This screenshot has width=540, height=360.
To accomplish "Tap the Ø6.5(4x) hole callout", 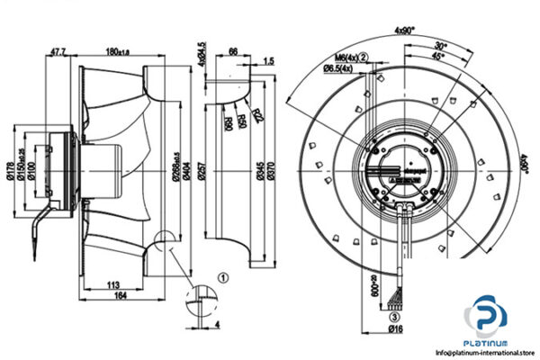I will pos(341,67).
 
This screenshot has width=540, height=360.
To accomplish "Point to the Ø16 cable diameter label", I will pos(394,329).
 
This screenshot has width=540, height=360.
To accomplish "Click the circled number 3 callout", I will pos(392,316).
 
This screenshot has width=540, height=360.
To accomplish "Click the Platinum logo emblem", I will pos(486,322).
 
